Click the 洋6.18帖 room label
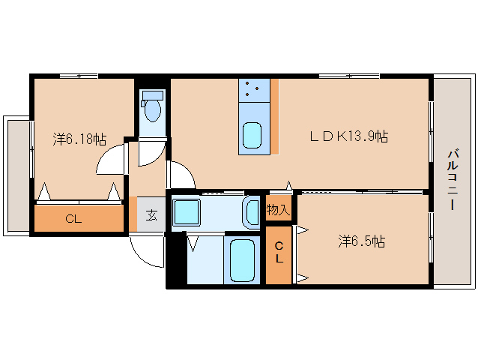pyautogui.click(x=79, y=139)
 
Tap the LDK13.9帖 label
pyautogui.click(x=349, y=136)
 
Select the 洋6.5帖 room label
pyautogui.click(x=361, y=241)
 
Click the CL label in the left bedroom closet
pyautogui.click(x=73, y=219)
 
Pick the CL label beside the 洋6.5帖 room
pyautogui.click(x=279, y=252)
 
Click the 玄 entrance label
pyautogui.click(x=151, y=215)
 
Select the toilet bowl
pyautogui.click(x=154, y=112)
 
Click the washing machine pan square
pyautogui.click(x=185, y=212)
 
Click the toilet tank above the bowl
pyautogui.click(x=154, y=95)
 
